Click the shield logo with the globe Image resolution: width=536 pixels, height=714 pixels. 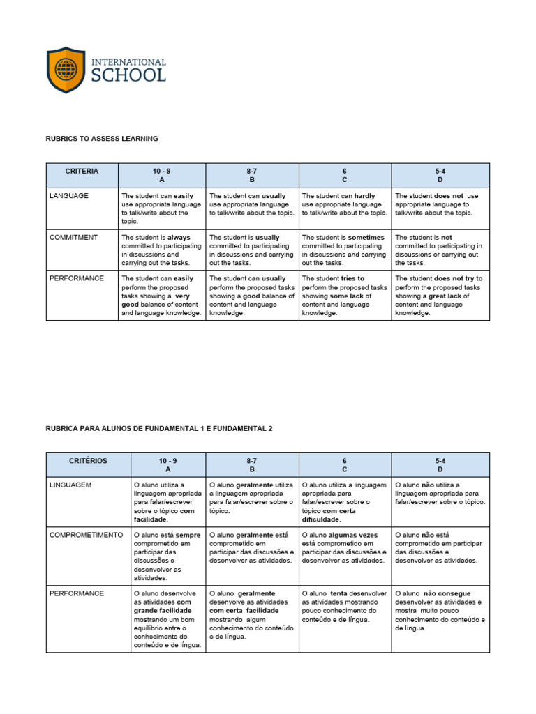[x=66, y=70]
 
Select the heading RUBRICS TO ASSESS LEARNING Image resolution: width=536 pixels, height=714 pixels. [x=102, y=139]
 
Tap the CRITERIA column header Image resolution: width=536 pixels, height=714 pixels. [x=82, y=171]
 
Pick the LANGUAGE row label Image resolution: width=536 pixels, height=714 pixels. [x=69, y=196]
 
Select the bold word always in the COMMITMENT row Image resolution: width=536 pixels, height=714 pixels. [x=178, y=238]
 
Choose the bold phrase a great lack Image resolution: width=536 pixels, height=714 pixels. [x=442, y=296]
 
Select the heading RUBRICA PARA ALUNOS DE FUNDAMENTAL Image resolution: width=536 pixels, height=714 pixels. [x=158, y=428]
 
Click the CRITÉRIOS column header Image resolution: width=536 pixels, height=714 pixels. [x=89, y=461]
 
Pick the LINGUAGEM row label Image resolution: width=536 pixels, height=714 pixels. [x=70, y=485]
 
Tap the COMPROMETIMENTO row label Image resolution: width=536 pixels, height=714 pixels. [x=86, y=535]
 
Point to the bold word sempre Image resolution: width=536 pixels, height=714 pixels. [x=189, y=535]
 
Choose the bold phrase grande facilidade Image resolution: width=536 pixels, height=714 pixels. [x=162, y=610]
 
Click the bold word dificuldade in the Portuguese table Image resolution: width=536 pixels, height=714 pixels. [x=320, y=519]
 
